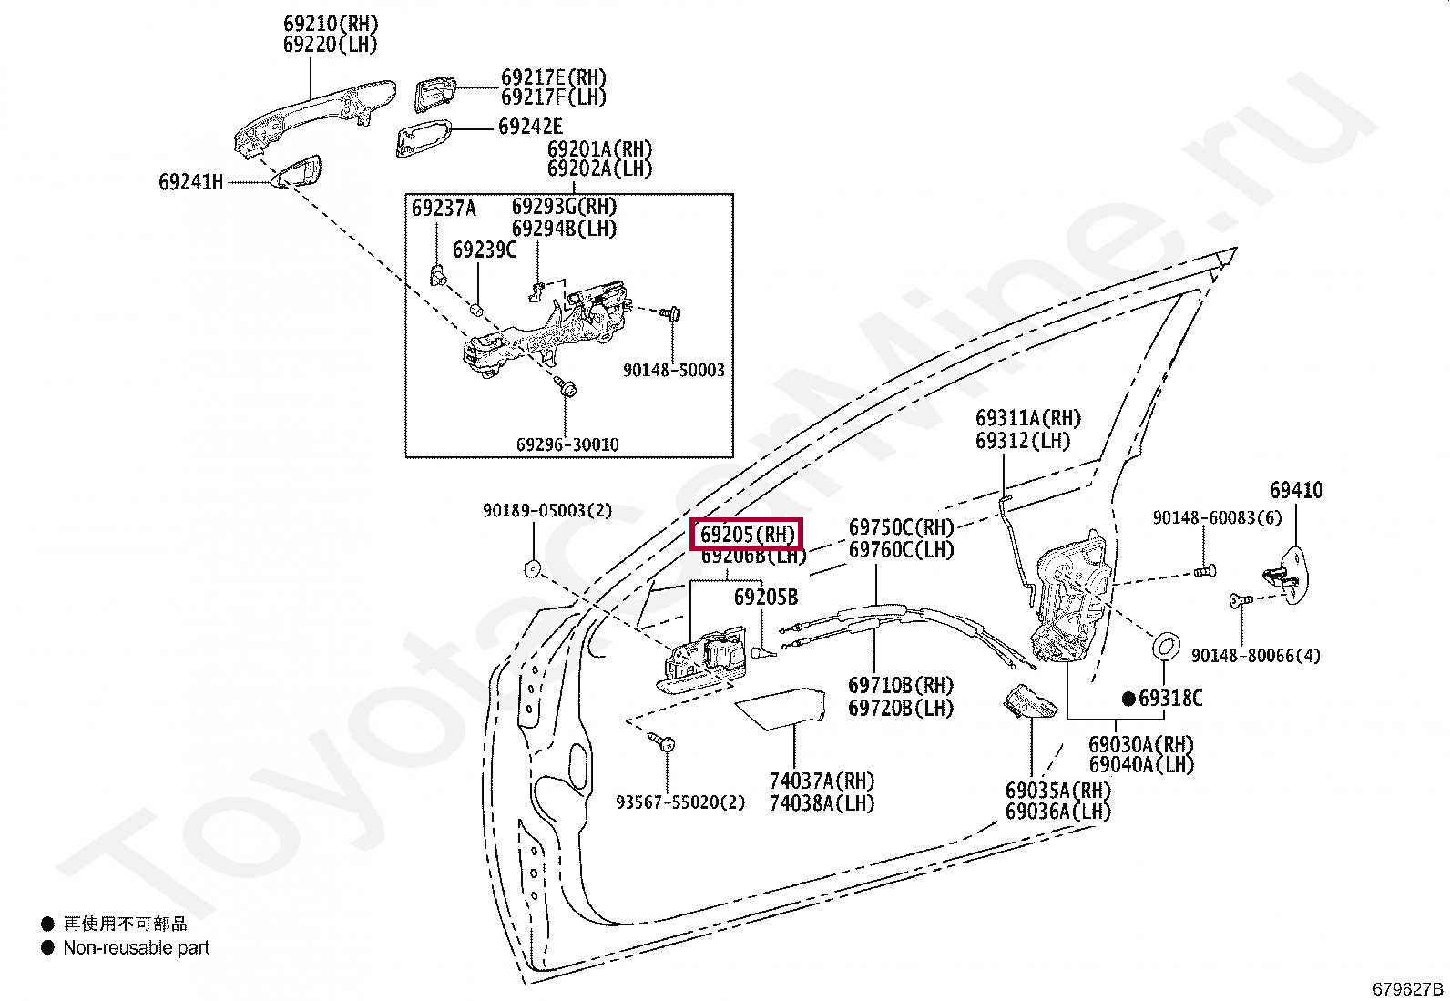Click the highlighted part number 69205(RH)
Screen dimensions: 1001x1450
[x=747, y=534]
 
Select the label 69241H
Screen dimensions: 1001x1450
[x=191, y=182]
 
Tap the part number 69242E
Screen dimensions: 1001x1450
[x=530, y=128]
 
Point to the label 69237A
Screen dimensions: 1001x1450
[x=444, y=209]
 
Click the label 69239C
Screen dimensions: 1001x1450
[x=485, y=250]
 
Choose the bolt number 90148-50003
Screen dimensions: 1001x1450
[x=673, y=371]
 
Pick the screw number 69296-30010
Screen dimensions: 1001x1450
[x=567, y=444]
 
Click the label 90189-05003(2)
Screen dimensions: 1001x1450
[x=546, y=511]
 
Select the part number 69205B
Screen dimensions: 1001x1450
[x=766, y=598]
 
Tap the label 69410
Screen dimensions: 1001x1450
[x=1296, y=490]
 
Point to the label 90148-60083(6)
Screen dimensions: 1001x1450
[x=1217, y=517]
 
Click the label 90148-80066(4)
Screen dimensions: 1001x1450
[x=1255, y=656]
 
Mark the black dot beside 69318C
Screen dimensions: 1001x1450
[x=1128, y=699]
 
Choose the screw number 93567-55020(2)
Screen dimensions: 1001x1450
[x=679, y=802]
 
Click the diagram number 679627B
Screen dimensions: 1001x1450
[x=1408, y=989]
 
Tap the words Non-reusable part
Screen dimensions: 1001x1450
[x=137, y=947]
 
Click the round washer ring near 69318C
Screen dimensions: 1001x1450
[x=1166, y=647]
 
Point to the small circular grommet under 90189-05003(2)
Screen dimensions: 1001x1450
[x=532, y=569]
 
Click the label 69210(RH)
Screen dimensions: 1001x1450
[x=331, y=24]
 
